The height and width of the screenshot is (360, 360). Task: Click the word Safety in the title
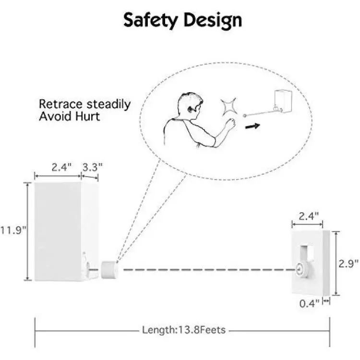point(151,21)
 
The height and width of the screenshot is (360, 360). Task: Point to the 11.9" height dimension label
point(13,230)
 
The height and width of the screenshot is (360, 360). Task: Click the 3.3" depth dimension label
point(92,167)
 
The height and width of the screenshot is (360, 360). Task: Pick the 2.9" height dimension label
point(348,264)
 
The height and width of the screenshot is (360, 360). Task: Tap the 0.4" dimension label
point(309,304)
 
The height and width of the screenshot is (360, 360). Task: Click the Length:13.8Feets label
point(184,330)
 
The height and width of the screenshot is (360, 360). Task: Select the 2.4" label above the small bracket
point(308,216)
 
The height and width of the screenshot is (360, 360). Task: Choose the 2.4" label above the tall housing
point(61,167)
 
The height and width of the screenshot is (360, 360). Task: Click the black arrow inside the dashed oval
point(252,126)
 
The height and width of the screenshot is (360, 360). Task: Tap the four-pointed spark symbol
point(228,107)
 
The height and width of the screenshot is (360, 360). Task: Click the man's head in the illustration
point(190,105)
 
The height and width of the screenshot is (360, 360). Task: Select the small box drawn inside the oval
point(283,101)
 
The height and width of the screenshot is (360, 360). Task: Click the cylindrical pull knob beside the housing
point(109,270)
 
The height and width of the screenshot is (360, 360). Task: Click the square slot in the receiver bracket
point(307,253)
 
